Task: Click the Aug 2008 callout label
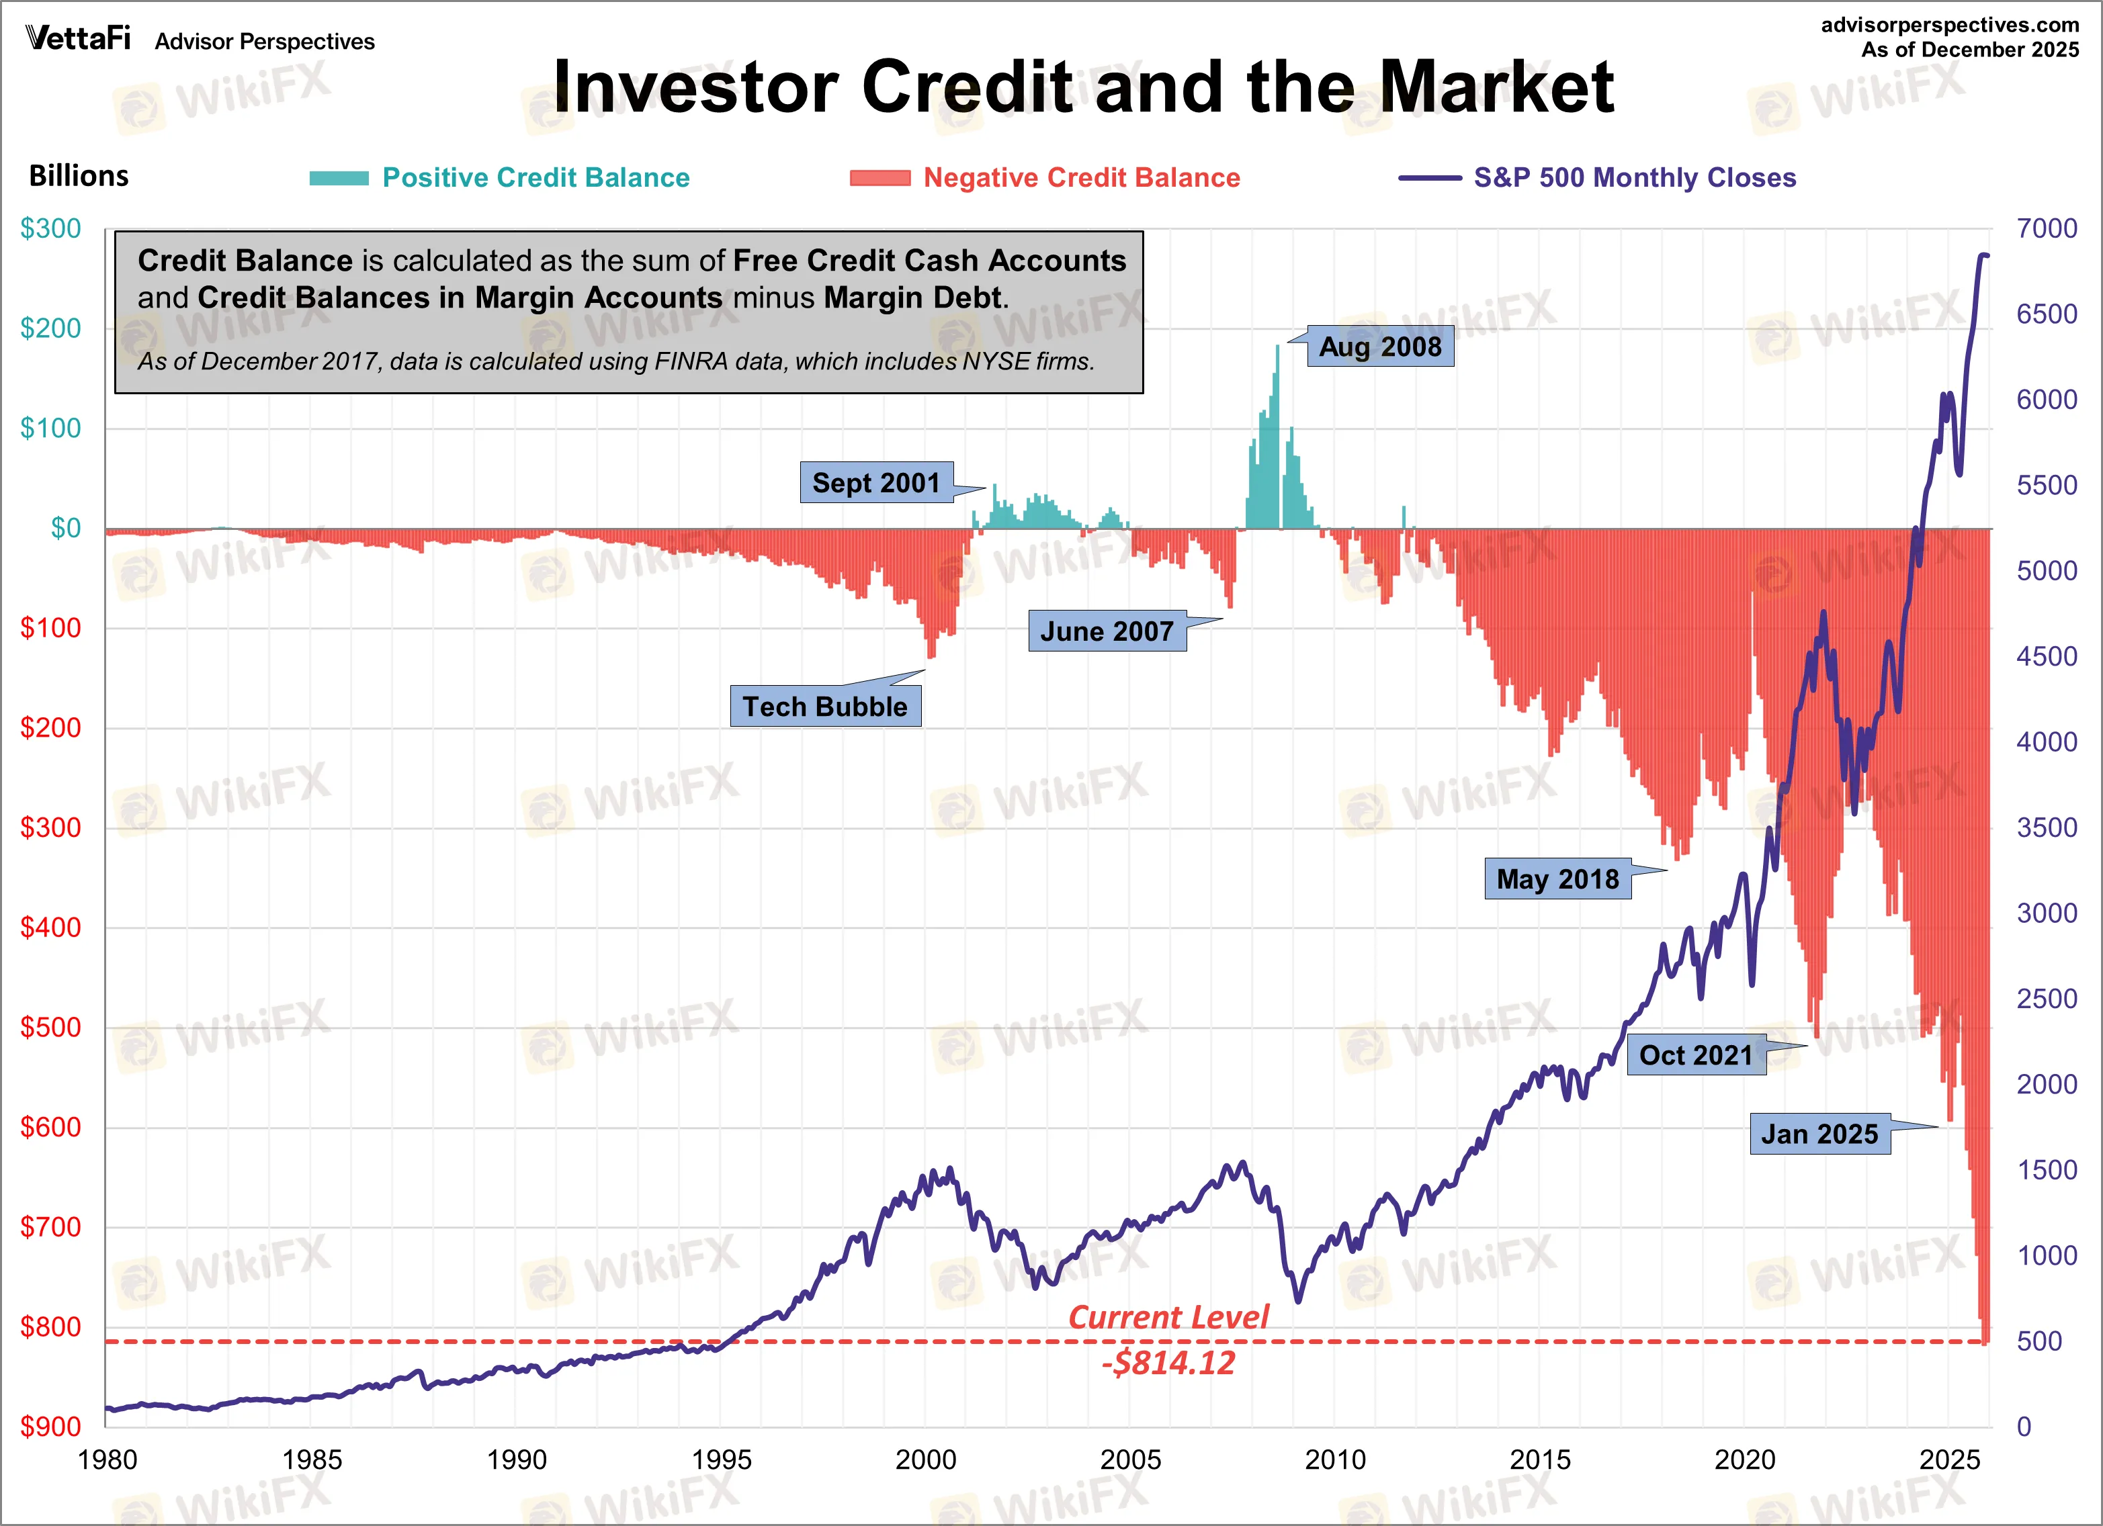(x=1380, y=347)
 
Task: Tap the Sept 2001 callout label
(x=876, y=483)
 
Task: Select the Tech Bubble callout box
(x=825, y=707)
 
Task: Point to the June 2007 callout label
(x=1107, y=631)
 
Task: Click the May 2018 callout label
(x=1558, y=879)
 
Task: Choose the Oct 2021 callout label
(x=1696, y=1055)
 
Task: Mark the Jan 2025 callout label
(x=1819, y=1134)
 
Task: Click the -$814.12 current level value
(x=1168, y=1363)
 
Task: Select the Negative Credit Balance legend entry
(x=1081, y=178)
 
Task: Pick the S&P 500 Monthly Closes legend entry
(x=1634, y=178)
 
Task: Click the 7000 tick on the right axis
(x=2047, y=229)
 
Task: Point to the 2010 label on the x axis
(x=1335, y=1460)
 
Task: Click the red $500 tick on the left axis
(x=51, y=1027)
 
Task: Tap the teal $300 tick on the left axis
(x=51, y=229)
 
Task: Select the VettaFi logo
(x=78, y=38)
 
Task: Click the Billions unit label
(x=79, y=176)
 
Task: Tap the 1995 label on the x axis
(x=722, y=1460)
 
